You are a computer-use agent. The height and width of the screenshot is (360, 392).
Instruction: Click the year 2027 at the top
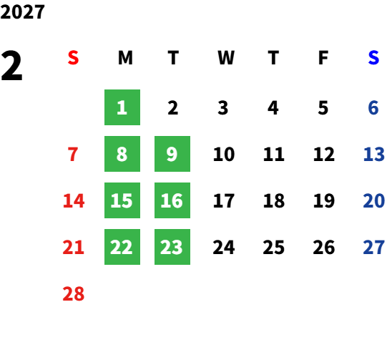[x=22, y=12]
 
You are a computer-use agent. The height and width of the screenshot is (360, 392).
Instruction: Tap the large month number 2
[x=11, y=66]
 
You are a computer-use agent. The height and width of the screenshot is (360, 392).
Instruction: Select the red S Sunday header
[x=73, y=58]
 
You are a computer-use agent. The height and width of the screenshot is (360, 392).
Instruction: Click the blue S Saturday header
[x=373, y=58]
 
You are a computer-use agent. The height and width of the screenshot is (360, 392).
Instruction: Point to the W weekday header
[x=226, y=58]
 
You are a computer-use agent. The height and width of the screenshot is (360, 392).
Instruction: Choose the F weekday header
[x=323, y=58]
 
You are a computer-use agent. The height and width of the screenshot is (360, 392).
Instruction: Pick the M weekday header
[x=125, y=58]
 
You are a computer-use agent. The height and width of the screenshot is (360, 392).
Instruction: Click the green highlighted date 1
[x=122, y=107]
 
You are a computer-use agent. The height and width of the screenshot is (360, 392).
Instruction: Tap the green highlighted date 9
[x=172, y=154]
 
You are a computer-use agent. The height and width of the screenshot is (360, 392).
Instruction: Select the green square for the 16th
[x=172, y=200]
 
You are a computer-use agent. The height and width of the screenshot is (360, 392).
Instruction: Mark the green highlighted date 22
[x=122, y=247]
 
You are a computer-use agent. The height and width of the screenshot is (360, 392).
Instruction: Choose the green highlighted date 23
[x=172, y=247]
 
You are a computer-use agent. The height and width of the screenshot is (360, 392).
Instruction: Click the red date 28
[x=74, y=293]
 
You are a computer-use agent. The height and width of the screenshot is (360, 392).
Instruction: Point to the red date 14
[x=74, y=200]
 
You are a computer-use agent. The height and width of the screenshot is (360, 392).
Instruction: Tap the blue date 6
[x=373, y=107]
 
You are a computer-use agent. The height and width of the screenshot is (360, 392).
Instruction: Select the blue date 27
[x=373, y=247]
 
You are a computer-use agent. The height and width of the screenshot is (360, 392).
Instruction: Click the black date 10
[x=224, y=154]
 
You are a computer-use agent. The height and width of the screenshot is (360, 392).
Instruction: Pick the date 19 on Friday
[x=324, y=200]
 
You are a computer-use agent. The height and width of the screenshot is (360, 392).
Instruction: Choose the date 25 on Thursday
[x=274, y=247]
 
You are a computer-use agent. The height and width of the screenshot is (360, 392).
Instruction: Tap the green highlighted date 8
[x=122, y=154]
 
